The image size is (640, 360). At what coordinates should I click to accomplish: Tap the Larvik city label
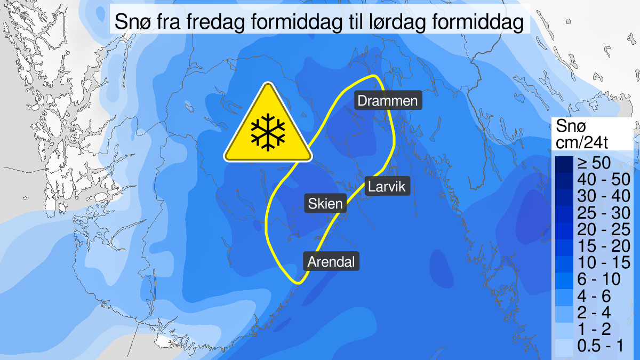(387, 187)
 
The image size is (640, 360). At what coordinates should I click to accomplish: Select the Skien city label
(325, 204)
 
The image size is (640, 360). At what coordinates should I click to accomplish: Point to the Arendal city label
(331, 262)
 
